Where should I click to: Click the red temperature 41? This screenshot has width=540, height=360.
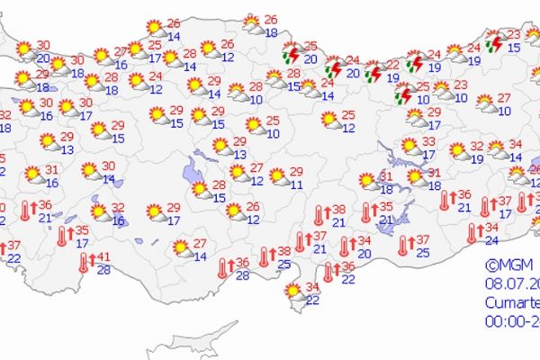(103, 255)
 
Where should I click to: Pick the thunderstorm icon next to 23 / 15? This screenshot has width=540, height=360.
(494, 42)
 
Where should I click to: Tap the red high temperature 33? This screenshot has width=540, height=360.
(429, 141)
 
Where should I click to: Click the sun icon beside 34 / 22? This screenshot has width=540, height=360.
(293, 291)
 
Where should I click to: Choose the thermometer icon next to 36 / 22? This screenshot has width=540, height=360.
(328, 271)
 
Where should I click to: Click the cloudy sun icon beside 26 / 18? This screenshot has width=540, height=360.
(252, 25)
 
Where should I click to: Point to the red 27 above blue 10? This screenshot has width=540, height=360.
(504, 98)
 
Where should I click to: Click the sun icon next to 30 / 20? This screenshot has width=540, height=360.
(24, 49)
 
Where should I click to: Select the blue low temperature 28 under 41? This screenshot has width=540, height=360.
(103, 269)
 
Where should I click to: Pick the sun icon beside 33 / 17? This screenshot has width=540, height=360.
(410, 147)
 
